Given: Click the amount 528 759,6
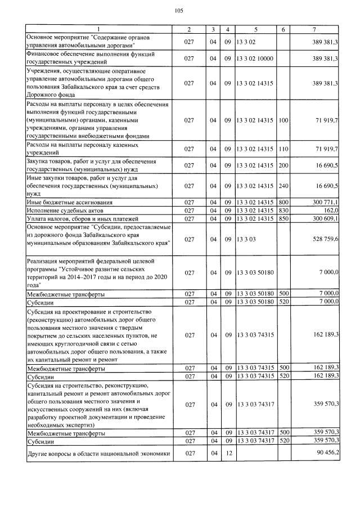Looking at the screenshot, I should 321,239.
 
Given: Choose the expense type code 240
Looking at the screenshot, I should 283,185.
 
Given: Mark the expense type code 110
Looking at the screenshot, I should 283,149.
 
